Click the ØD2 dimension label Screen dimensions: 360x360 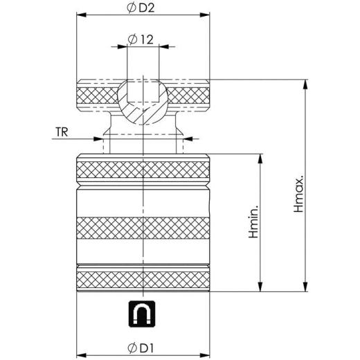pos(141,8)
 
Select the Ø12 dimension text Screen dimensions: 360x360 pos(141,39)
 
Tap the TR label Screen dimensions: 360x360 pos(62,132)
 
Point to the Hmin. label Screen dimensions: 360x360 pos(253,222)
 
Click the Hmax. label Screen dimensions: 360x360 pos(298,193)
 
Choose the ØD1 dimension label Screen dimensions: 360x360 pos(141,348)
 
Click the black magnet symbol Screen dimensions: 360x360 pos(142,314)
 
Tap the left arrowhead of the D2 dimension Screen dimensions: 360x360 pos(81,15)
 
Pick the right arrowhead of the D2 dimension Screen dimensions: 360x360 pos(205,15)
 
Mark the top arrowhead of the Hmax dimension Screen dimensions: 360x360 pos(305,84)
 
